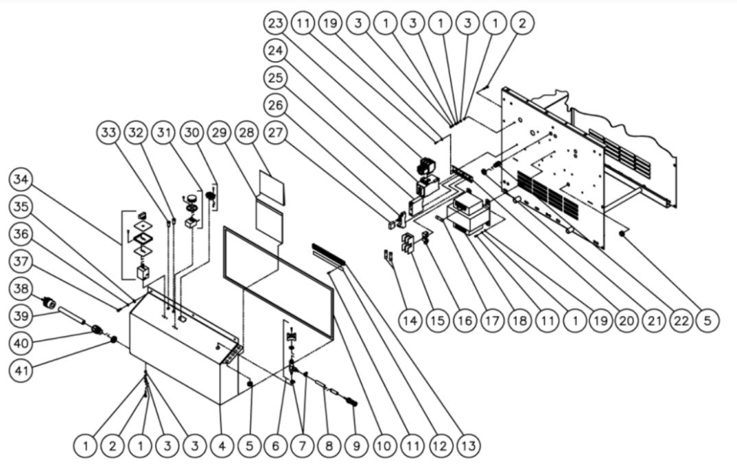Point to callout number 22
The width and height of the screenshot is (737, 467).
[x=681, y=320]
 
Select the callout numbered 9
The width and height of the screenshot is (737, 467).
[x=355, y=446]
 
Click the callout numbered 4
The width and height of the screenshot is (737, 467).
[x=222, y=446]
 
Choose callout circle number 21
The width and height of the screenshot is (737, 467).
[x=655, y=320]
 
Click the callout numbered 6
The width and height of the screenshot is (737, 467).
[x=276, y=446]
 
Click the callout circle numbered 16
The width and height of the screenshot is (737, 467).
[x=465, y=320]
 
